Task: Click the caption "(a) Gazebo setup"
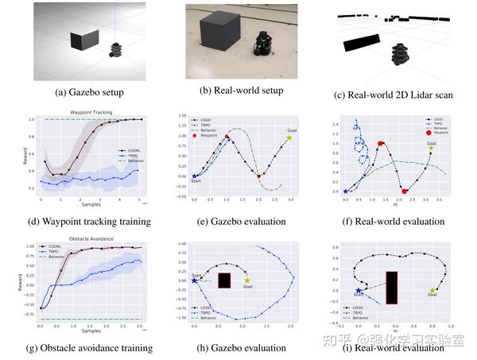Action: click(x=83, y=92)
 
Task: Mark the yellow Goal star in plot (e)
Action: click(x=289, y=138)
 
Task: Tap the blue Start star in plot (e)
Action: click(x=194, y=176)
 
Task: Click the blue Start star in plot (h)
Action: click(x=194, y=280)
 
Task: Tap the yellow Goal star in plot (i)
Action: click(x=432, y=290)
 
